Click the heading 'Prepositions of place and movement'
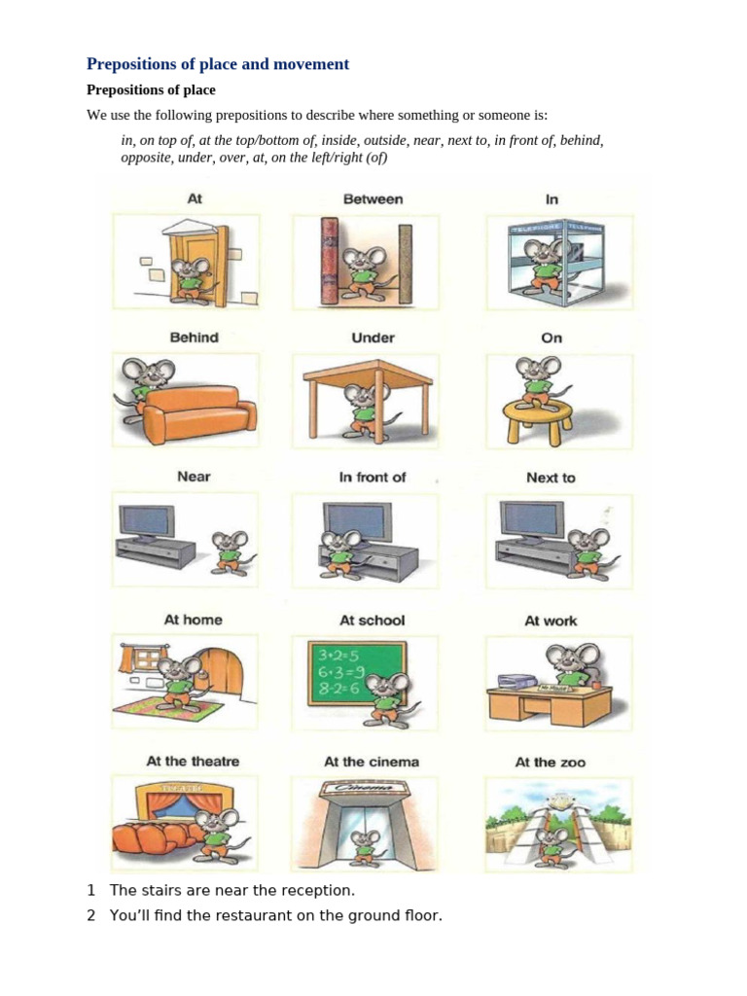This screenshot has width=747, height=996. pyautogui.click(x=218, y=64)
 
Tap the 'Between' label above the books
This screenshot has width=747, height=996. pyautogui.click(x=373, y=198)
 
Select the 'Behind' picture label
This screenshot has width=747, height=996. pyautogui.click(x=195, y=338)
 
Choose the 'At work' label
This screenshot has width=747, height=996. pyautogui.click(x=551, y=620)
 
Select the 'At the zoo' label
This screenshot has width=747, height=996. pyautogui.click(x=551, y=762)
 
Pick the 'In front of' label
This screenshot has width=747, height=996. pyautogui.click(x=373, y=477)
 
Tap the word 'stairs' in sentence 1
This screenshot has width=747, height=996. pyautogui.click(x=160, y=890)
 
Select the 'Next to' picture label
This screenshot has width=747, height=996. pyautogui.click(x=551, y=478)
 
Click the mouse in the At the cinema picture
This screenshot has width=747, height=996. pyautogui.click(x=365, y=846)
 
